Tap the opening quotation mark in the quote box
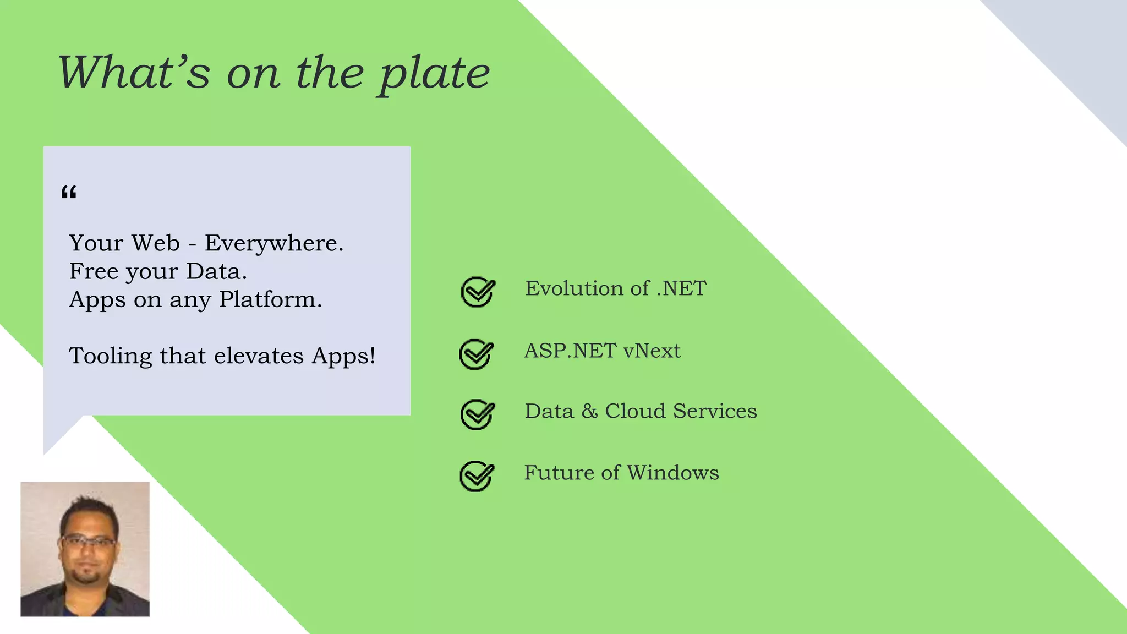point(69,193)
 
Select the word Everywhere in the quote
point(273,243)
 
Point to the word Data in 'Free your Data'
point(216,271)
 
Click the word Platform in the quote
point(270,300)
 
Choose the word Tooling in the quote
point(110,356)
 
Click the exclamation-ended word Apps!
point(343,356)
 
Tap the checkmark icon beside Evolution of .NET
point(478,292)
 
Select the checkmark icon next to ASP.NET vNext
point(476,354)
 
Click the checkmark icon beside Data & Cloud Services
point(477,414)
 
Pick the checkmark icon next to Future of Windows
point(477,475)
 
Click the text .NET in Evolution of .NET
point(681,288)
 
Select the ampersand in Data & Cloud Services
point(589,412)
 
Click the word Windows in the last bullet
point(672,473)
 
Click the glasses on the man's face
point(87,542)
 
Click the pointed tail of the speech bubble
point(55,438)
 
